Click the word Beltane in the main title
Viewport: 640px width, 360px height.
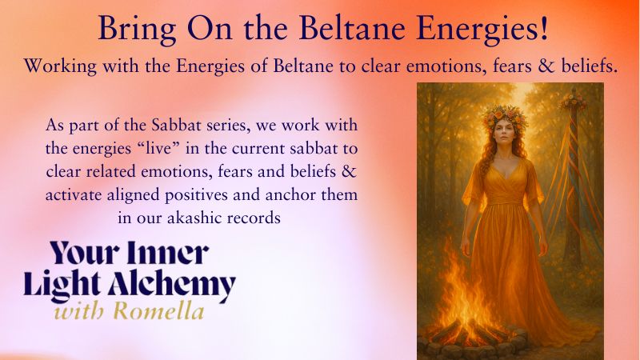pos(352,28)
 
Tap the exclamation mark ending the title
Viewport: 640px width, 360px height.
pos(543,28)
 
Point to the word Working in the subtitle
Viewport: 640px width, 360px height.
pos(61,66)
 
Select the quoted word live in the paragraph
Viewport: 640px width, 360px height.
pos(157,148)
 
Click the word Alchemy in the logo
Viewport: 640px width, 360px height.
pos(172,286)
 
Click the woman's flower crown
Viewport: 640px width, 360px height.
pos(505,115)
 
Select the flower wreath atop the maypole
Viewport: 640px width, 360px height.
pos(573,101)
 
